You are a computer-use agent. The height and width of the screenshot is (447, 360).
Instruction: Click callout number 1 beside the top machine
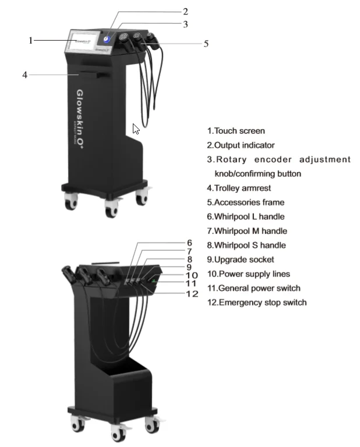pyautogui.click(x=31, y=40)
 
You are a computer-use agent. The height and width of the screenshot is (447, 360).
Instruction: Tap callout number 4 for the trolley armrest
pyautogui.click(x=24, y=74)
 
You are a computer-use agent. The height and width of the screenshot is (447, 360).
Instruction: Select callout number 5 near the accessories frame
pyautogui.click(x=206, y=43)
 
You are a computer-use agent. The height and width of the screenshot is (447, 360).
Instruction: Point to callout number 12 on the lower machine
pyautogui.click(x=192, y=294)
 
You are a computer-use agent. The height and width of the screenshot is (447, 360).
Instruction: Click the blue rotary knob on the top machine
pyautogui.click(x=108, y=38)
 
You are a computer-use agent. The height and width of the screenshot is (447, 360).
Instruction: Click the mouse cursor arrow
pyautogui.click(x=136, y=129)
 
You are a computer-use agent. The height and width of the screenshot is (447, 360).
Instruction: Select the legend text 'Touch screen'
pyautogui.click(x=236, y=131)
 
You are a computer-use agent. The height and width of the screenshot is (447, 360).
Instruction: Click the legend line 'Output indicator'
pyautogui.click(x=241, y=145)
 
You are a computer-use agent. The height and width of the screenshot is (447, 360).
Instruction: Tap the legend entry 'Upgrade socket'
pyautogui.click(x=241, y=260)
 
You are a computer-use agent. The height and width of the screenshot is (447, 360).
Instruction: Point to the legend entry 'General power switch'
pyautogui.click(x=256, y=288)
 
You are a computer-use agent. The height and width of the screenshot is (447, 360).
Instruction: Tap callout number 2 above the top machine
pyautogui.click(x=185, y=11)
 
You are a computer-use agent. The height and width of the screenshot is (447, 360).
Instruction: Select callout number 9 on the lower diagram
pyautogui.click(x=189, y=267)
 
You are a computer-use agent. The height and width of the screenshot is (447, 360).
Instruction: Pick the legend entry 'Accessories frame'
pyautogui.click(x=246, y=203)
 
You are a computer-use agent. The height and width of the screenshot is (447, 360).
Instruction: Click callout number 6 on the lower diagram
pyautogui.click(x=189, y=243)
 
